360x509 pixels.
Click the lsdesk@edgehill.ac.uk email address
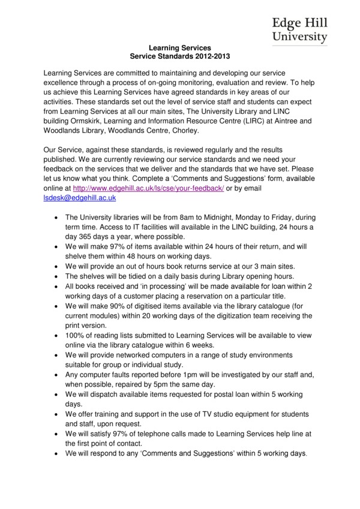(x=80, y=197)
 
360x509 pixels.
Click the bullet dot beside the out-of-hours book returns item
(x=56, y=266)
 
